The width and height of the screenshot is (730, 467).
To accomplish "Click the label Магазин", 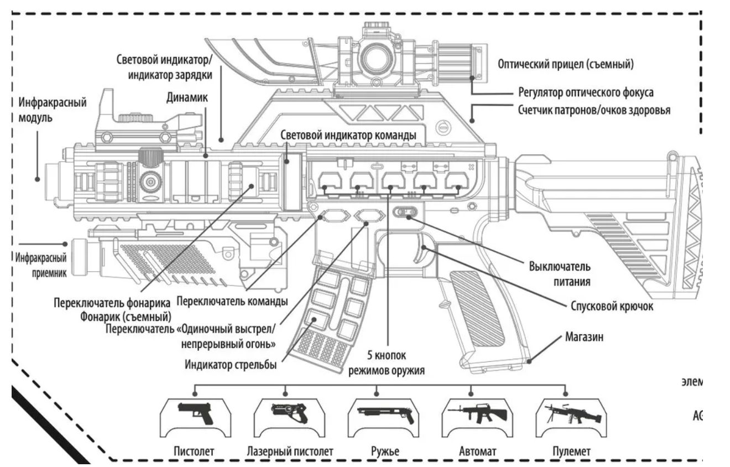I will (x=584, y=336).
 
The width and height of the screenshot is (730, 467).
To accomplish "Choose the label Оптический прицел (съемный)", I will (x=565, y=64).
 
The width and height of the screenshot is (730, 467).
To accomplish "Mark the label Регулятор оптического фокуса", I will (x=585, y=91).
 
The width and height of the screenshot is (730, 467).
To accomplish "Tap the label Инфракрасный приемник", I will (x=41, y=264).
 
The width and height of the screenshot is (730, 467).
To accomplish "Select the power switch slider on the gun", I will (x=406, y=211).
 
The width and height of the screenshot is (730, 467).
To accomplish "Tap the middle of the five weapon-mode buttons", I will (x=392, y=180).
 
